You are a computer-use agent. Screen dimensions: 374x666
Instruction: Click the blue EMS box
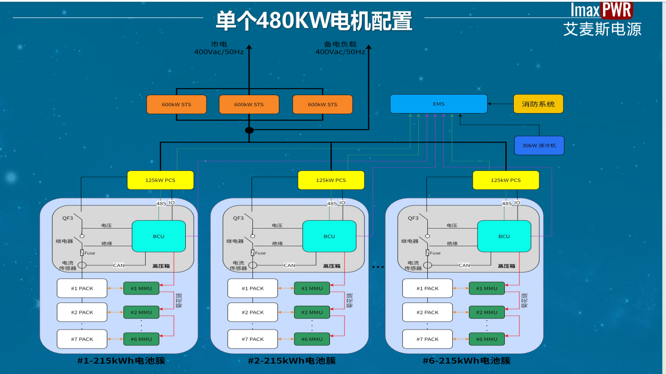click(438, 104)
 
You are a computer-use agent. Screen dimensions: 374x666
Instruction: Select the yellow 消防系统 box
click(538, 104)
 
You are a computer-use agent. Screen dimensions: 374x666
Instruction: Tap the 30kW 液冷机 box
click(539, 145)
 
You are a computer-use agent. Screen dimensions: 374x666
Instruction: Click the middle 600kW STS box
click(249, 104)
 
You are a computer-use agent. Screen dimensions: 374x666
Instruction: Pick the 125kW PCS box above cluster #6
click(506, 180)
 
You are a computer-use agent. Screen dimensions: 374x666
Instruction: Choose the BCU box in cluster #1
click(158, 236)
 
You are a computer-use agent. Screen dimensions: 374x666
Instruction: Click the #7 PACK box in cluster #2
click(252, 339)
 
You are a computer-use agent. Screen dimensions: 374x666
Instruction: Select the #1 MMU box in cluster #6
click(486, 288)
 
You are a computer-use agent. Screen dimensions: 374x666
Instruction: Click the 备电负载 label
click(340, 44)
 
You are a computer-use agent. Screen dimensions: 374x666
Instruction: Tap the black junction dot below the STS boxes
click(249, 130)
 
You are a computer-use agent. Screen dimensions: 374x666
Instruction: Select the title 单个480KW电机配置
click(314, 21)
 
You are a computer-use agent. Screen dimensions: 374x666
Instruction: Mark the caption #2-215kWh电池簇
click(292, 361)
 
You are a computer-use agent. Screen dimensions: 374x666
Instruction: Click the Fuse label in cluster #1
click(89, 253)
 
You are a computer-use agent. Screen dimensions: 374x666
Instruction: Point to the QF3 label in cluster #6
click(413, 218)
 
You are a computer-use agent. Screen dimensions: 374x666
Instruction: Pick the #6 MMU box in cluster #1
click(141, 339)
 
